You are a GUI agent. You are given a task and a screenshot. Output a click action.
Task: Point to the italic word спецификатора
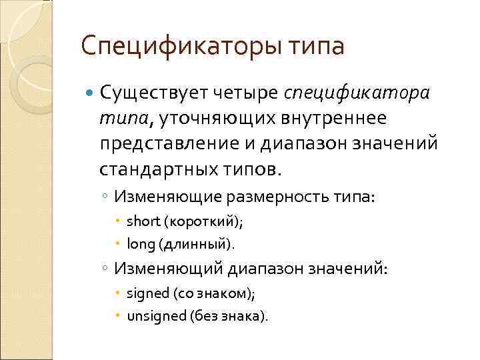coord(357,92)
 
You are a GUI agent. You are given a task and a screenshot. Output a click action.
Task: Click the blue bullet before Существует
coord(91,93)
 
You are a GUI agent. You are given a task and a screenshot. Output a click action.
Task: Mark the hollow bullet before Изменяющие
coord(106,198)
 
